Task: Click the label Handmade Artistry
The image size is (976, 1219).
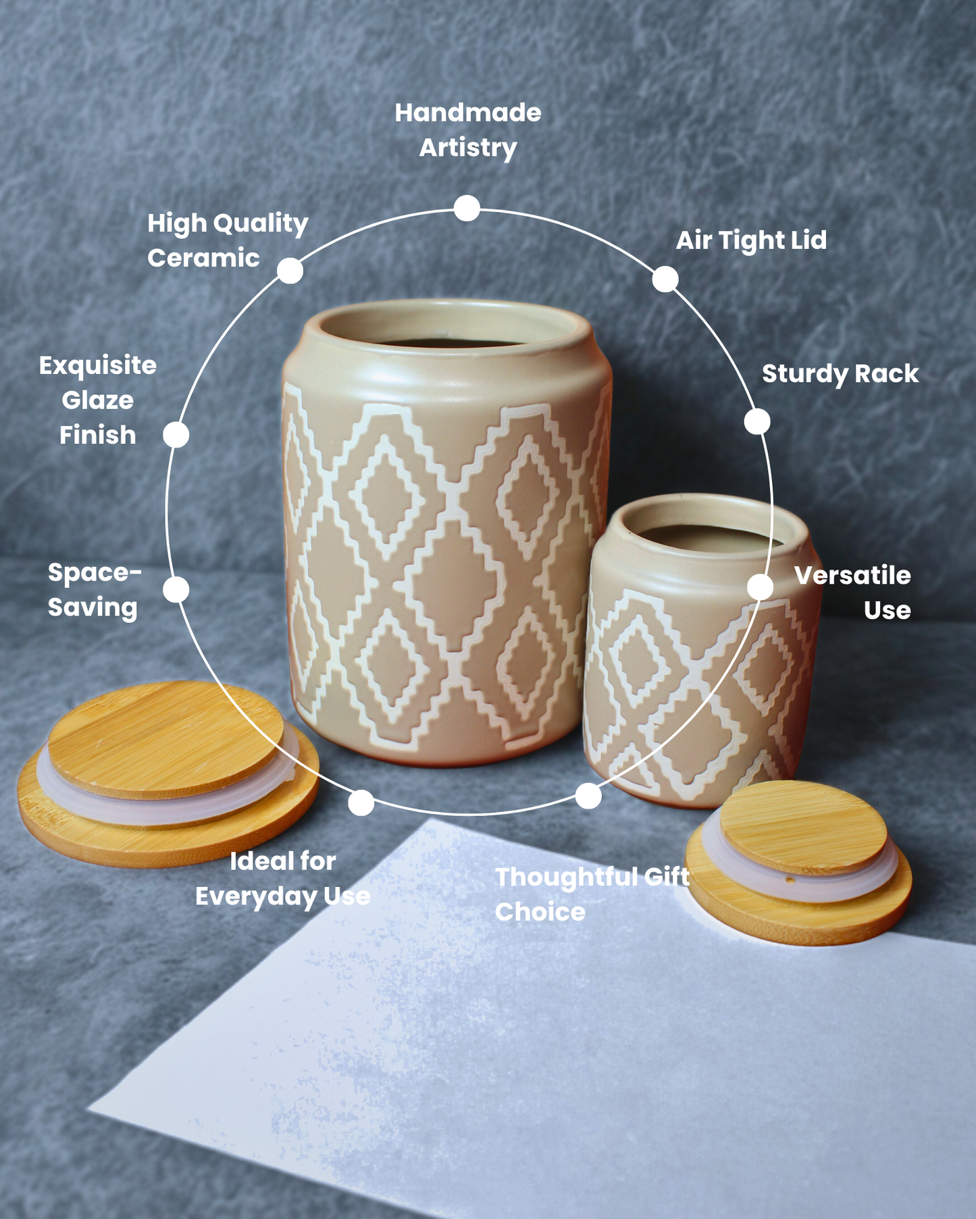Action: point(468,130)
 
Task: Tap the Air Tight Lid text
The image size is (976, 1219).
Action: point(751,240)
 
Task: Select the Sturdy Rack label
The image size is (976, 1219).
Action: point(840,374)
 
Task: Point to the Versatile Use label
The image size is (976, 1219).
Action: point(852,593)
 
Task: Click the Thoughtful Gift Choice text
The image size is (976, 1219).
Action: point(592,894)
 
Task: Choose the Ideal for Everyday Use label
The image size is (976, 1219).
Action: point(283,879)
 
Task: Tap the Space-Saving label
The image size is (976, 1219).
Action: point(94,590)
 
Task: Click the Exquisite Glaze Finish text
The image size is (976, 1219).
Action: point(98,400)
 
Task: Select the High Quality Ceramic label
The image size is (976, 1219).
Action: point(228,240)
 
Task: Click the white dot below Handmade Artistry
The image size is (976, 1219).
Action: point(467,209)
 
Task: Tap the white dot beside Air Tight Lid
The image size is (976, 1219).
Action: point(665,279)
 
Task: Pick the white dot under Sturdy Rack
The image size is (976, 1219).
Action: point(757,422)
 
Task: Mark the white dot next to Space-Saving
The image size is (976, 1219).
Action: point(176,590)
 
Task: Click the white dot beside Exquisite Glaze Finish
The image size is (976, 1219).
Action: point(176,435)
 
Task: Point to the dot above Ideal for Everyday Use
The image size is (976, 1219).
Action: point(361,803)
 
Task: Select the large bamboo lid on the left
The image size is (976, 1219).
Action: point(168,774)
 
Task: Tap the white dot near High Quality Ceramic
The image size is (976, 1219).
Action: point(290,271)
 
